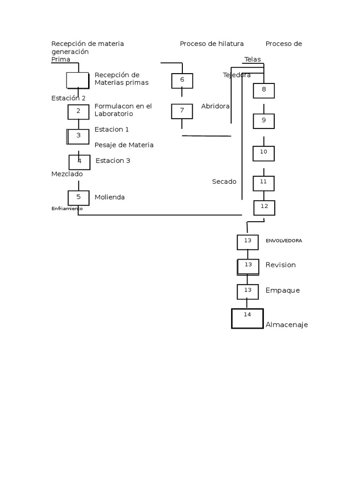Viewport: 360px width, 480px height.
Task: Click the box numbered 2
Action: (78, 112)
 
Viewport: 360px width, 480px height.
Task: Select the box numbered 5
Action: (78, 198)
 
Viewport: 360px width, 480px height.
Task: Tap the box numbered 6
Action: (182, 81)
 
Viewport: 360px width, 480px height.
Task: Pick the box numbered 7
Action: (182, 111)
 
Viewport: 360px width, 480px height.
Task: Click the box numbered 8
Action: (263, 90)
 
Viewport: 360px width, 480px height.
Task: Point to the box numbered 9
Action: (263, 121)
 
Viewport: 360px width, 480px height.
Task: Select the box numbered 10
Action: (263, 153)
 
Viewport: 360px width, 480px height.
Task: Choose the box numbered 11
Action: (263, 183)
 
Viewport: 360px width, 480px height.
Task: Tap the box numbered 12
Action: (264, 207)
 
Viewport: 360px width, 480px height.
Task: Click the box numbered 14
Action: (247, 318)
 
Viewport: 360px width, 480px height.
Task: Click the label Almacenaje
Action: (286, 324)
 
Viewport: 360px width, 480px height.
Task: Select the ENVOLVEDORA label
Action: (284, 240)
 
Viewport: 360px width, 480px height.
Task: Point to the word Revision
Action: (280, 265)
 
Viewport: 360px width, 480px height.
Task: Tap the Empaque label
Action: (282, 290)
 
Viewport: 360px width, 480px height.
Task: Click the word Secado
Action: (224, 181)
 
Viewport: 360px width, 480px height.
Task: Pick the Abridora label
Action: (215, 106)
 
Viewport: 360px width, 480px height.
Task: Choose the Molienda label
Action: (110, 197)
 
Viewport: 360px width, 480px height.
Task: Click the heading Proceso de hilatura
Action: (211, 44)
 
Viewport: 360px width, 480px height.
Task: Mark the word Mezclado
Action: (67, 174)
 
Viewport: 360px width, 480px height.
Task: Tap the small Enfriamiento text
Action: (67, 208)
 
